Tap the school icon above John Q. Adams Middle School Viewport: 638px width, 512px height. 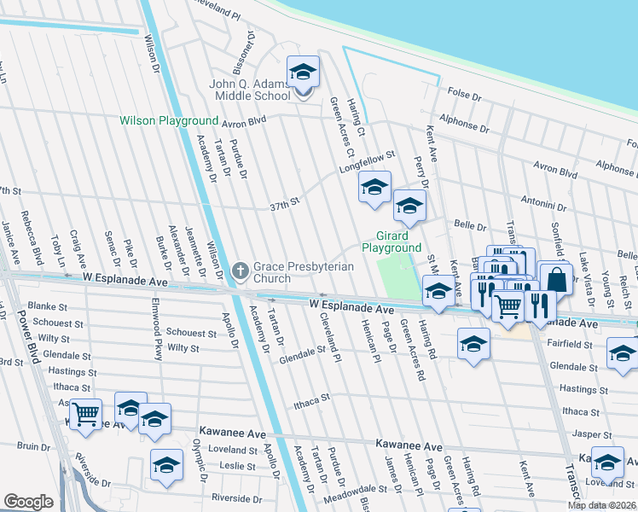(302, 73)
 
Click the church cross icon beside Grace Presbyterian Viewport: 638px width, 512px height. (241, 272)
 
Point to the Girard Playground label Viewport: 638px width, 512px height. (391, 241)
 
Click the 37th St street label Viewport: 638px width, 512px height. (286, 204)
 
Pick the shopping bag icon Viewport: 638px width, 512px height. (556, 279)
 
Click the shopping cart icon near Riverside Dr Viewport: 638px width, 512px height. (85, 415)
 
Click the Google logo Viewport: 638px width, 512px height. (28, 502)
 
